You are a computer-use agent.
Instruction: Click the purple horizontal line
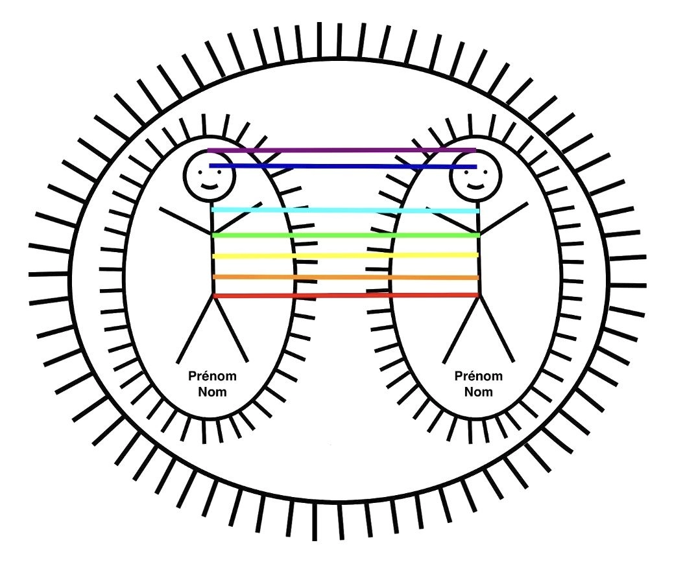[342, 150]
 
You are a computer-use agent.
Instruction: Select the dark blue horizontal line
[343, 167]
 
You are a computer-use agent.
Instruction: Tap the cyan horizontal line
[346, 211]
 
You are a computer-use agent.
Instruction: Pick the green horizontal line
[346, 236]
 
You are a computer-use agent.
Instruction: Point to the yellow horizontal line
[346, 255]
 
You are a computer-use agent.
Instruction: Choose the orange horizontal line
[346, 277]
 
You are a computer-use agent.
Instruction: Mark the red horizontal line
[346, 296]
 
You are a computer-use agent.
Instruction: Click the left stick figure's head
[210, 176]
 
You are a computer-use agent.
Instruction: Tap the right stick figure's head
[476, 176]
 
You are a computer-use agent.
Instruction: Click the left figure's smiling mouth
[210, 187]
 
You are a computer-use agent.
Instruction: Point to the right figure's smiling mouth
[476, 187]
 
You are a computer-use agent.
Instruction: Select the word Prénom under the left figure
[212, 376]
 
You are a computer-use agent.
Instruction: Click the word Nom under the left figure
[212, 391]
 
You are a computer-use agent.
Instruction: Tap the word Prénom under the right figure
[478, 376]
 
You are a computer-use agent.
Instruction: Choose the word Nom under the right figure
[478, 391]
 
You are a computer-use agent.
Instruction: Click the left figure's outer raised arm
[186, 220]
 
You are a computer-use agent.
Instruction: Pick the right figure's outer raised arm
[504, 218]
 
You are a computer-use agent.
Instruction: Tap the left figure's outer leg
[195, 329]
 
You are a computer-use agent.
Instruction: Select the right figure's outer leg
[497, 329]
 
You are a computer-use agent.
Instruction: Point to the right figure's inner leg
[461, 329]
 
